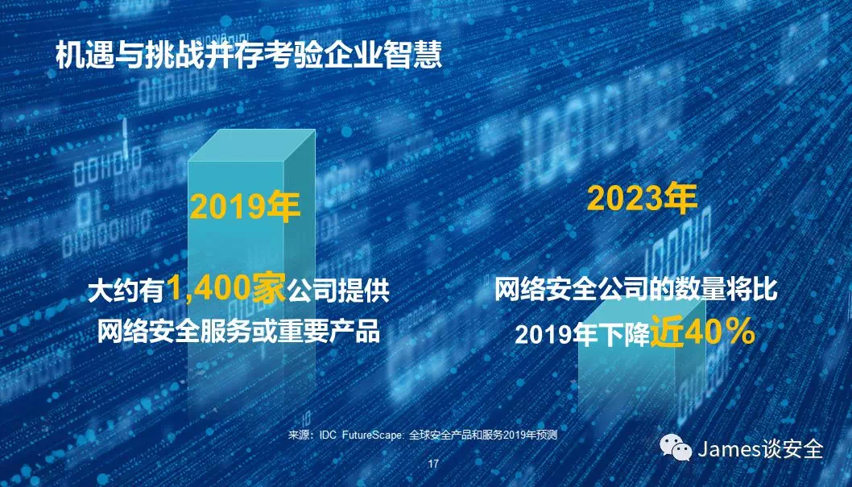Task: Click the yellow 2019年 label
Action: click(x=245, y=207)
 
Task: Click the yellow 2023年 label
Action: click(x=642, y=198)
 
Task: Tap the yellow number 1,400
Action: click(x=209, y=287)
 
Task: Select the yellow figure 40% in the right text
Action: click(x=720, y=331)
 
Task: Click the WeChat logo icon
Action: click(x=676, y=448)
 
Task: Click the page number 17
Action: click(x=433, y=464)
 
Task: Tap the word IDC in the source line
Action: click(x=329, y=435)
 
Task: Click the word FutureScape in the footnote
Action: click(x=373, y=435)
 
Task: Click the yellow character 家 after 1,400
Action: click(x=268, y=287)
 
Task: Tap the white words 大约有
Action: click(x=126, y=291)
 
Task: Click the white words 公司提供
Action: click(x=338, y=291)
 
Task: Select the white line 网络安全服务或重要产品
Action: click(x=238, y=331)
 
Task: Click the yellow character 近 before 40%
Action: click(x=668, y=331)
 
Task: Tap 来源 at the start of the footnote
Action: click(x=298, y=435)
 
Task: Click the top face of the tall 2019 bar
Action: click(x=252, y=145)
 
